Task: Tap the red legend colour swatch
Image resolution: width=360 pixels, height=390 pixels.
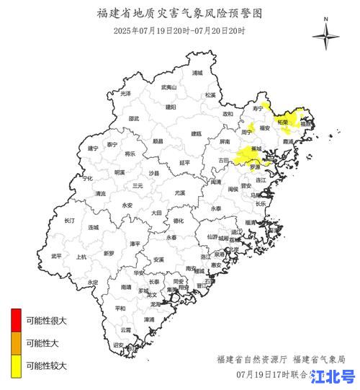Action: coord(15,318)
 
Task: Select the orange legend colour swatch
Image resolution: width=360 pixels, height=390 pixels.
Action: coord(15,342)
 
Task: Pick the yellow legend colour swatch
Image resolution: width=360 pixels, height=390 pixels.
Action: coord(15,365)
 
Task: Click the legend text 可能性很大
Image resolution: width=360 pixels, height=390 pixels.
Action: coord(46,321)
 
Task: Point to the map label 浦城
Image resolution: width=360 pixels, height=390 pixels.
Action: coord(197,73)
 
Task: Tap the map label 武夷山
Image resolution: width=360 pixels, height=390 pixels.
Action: coord(168,87)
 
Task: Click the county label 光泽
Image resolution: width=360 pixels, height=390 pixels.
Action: coord(126,94)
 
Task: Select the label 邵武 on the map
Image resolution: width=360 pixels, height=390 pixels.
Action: coord(134,119)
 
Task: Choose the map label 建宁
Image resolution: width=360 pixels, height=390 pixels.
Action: coord(92,148)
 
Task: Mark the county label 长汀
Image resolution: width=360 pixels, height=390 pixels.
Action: coord(70,221)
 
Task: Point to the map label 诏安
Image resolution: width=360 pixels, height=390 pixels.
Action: coord(118,345)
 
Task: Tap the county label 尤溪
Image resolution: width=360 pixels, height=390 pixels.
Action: coord(179,193)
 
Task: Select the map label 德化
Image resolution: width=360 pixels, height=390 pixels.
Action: coord(179,221)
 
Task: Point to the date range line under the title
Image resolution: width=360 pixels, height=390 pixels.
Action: coord(179,30)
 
